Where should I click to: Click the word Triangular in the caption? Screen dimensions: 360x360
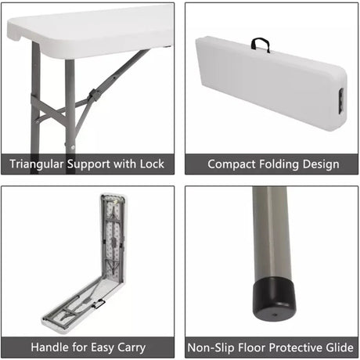click(37, 164)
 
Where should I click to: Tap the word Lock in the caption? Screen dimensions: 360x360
click(152, 164)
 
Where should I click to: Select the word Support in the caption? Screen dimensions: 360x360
click(88, 164)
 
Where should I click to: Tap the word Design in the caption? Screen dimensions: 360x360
click(321, 164)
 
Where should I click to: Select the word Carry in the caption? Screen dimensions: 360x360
click(131, 348)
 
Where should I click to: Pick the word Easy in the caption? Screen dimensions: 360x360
click(103, 348)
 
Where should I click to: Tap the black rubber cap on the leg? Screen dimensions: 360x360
click(274, 298)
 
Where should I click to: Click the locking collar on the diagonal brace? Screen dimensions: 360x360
click(93, 95)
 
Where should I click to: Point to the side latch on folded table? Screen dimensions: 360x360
click(341, 101)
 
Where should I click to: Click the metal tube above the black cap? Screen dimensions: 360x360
click(272, 232)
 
